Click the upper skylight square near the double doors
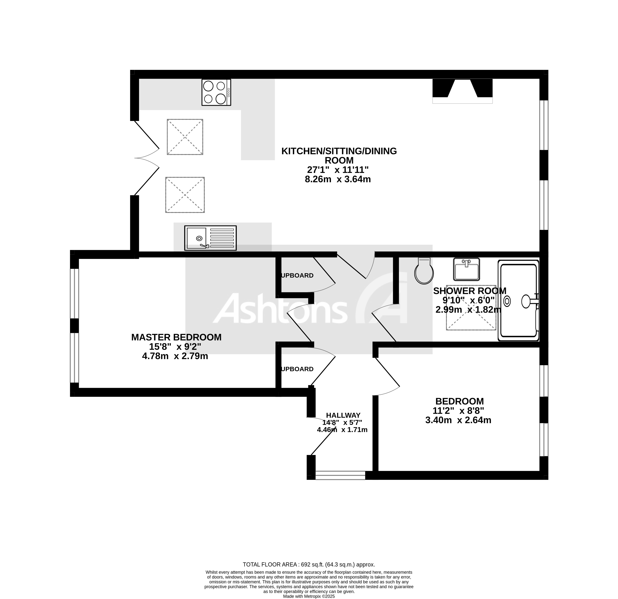[185, 137]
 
